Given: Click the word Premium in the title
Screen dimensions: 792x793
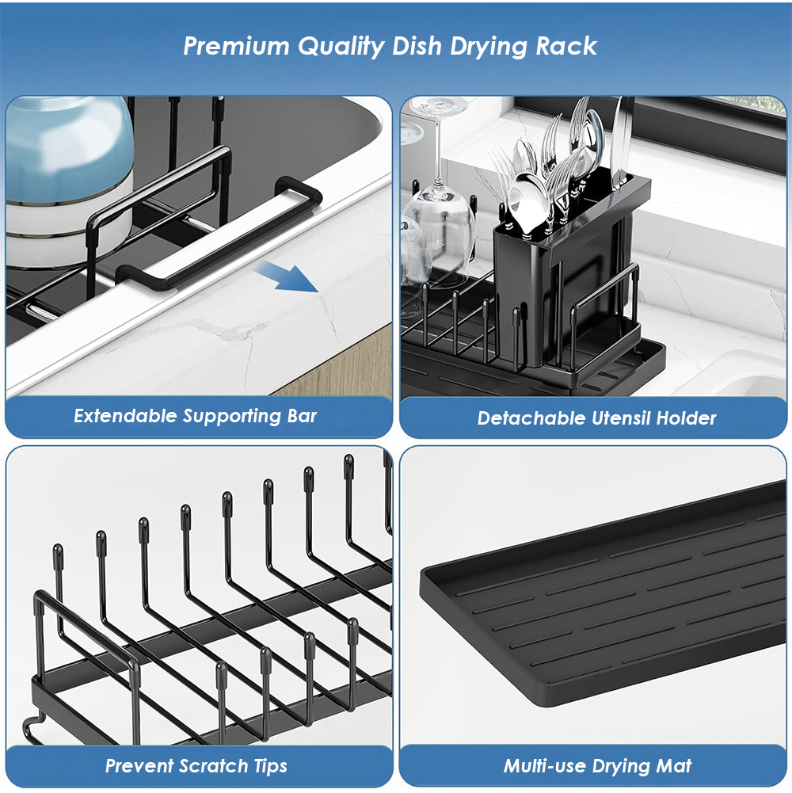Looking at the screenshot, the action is click(x=236, y=46).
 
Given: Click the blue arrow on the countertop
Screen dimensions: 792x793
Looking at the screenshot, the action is click(x=287, y=276).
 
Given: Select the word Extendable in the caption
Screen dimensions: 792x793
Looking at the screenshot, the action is click(x=125, y=416).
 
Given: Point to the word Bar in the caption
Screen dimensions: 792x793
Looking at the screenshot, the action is click(x=302, y=416).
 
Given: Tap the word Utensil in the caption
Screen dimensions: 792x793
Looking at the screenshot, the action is click(x=620, y=418).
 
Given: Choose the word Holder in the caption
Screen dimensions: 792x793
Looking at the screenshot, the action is click(x=686, y=418).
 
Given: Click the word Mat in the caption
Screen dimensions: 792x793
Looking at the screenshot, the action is click(x=674, y=766).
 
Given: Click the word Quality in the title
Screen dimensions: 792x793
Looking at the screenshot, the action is click(x=341, y=46).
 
